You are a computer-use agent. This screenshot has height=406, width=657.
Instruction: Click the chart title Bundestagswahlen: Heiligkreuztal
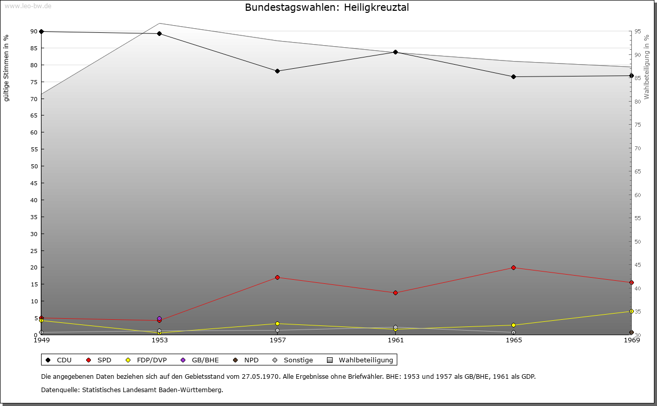(x=327, y=7)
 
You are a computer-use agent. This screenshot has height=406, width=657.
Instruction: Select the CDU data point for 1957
(x=277, y=71)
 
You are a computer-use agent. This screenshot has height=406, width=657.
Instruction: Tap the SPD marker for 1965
(x=513, y=267)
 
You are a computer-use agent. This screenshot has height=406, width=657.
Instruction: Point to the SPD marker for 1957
(x=277, y=277)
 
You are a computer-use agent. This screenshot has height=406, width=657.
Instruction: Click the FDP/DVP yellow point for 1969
(x=631, y=311)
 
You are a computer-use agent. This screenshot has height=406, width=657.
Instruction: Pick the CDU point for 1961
(x=395, y=52)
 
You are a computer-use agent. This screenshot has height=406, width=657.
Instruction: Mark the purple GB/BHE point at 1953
(x=159, y=319)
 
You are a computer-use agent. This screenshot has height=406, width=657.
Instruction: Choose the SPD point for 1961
(x=395, y=293)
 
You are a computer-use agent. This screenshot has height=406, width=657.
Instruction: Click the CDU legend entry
(x=59, y=360)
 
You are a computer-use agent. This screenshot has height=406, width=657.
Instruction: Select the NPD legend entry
(x=246, y=360)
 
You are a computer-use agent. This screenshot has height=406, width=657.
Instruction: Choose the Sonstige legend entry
(x=293, y=360)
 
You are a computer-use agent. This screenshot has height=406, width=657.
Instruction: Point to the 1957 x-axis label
(x=278, y=340)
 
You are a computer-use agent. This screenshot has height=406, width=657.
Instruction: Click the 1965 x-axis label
(x=514, y=340)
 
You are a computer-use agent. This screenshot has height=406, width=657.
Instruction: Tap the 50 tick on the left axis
(x=34, y=166)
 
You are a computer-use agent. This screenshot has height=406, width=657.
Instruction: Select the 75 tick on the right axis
(x=637, y=125)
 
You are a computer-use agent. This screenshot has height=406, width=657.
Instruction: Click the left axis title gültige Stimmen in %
(x=7, y=68)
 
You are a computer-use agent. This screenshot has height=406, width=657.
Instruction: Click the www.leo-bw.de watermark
(x=28, y=6)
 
